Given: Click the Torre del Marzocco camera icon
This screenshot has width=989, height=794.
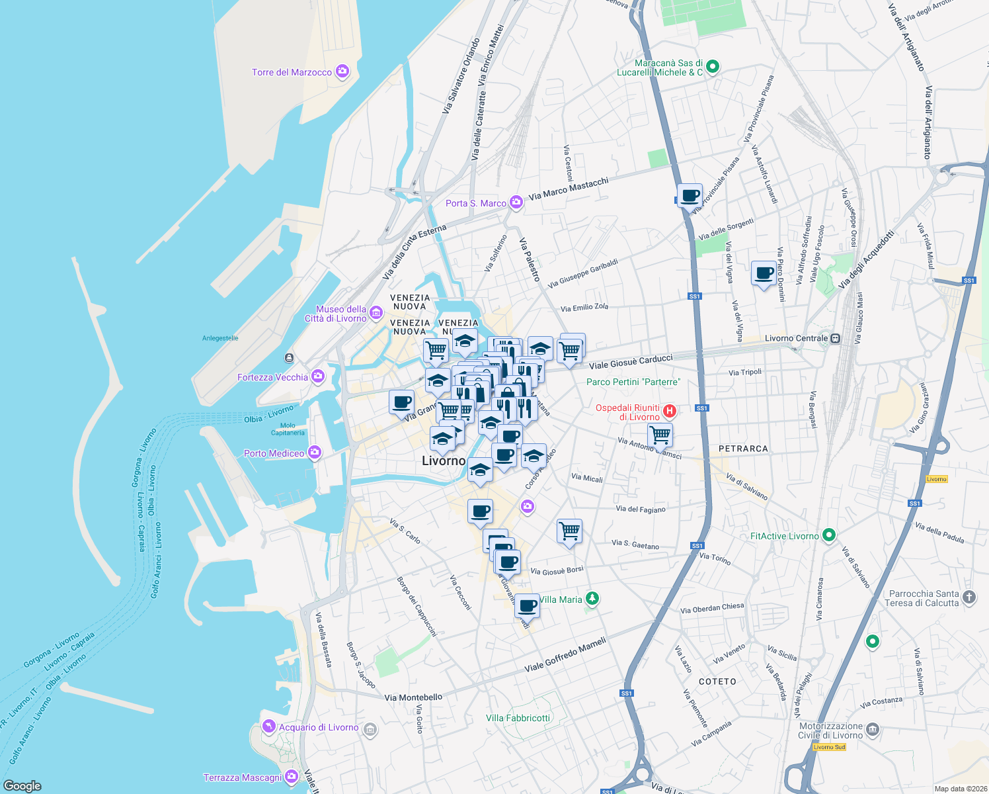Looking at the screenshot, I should (x=342, y=71).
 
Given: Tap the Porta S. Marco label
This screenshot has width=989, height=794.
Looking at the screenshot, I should (x=475, y=203).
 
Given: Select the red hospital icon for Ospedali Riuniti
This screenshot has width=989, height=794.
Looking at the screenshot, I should (x=670, y=412).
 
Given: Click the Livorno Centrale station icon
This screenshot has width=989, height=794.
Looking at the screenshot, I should (x=836, y=338).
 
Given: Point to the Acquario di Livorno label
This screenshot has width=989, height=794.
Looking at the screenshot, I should (x=319, y=727).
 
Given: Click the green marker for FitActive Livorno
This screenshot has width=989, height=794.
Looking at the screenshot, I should (x=829, y=536).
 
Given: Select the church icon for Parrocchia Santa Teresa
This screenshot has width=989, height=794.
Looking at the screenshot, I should (x=969, y=597).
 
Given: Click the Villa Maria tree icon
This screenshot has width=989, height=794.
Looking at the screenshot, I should (x=592, y=599).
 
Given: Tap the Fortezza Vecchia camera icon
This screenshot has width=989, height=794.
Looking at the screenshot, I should (x=318, y=376).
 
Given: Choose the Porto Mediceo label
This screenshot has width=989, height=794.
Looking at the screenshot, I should (x=274, y=453).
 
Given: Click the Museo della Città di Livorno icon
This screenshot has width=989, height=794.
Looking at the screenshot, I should (x=376, y=312).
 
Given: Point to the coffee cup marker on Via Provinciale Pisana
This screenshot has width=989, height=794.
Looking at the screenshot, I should (x=690, y=197).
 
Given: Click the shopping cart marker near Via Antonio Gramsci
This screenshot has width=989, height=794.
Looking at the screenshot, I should (x=660, y=435).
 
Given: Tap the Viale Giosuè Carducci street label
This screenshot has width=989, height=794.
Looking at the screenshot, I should (x=631, y=361).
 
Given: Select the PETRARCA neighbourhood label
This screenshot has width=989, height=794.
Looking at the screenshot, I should (x=743, y=449).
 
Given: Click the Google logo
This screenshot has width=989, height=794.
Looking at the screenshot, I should (x=22, y=785).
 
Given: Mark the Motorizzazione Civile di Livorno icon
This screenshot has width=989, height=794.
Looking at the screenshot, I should (x=873, y=730).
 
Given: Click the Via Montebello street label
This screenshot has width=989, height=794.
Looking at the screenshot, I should (x=413, y=697).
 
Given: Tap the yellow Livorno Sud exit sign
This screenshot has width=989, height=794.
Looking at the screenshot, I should (x=829, y=747).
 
